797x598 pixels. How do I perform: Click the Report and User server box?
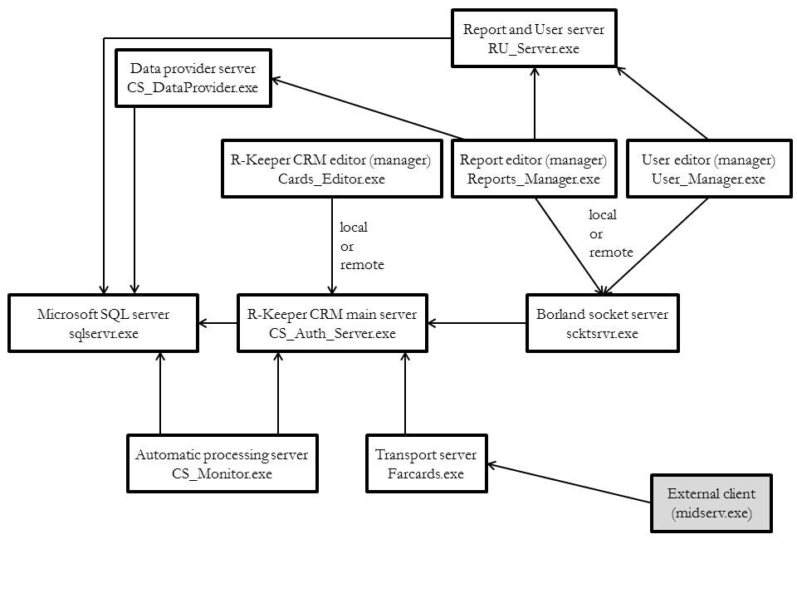[534, 38]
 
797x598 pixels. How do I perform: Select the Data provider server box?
[193, 78]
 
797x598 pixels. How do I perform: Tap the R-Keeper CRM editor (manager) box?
[332, 169]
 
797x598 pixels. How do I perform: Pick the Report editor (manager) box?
[534, 169]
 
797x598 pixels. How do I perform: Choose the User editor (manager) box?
[708, 169]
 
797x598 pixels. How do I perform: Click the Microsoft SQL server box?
[103, 323]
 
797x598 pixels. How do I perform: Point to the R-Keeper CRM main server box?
[332, 323]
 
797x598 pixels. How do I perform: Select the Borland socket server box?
[603, 323]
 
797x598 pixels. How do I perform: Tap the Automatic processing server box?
[222, 463]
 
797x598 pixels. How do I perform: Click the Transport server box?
[427, 463]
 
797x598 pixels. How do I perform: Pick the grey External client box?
[711, 503]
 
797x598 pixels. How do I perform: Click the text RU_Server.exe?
[534, 49]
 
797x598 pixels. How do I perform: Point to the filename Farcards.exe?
[426, 474]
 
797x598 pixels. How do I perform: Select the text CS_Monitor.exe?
[222, 474]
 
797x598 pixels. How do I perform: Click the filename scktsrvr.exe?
[603, 334]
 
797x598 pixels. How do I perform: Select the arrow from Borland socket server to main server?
[477, 323]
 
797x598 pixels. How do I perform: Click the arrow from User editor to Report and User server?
[662, 103]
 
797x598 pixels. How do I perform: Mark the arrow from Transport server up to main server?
[405, 393]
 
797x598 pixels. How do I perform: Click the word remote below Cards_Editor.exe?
[362, 265]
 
